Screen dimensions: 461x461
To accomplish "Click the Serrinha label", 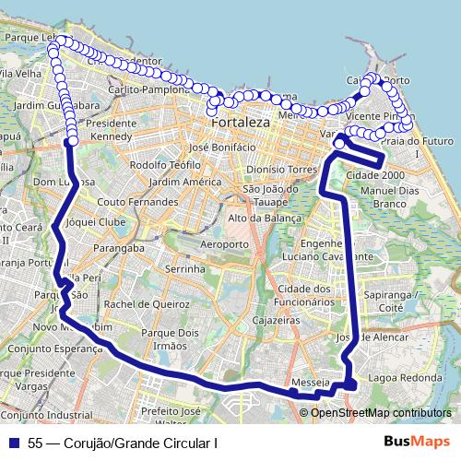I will pyautogui.click(x=181, y=267).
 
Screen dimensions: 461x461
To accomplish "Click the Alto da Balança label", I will pyautogui.click(x=265, y=218).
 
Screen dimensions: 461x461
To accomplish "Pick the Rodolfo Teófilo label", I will pyautogui.click(x=165, y=165).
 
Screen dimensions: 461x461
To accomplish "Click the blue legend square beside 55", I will pyautogui.click(x=17, y=443).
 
